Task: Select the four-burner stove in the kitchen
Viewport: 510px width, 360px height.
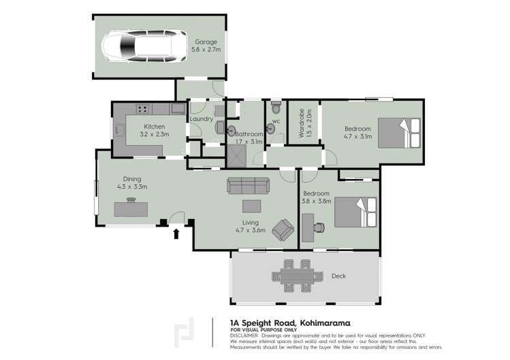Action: [x=144, y=108]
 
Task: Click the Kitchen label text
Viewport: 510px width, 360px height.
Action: [x=155, y=127]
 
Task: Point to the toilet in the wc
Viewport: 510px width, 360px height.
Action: [x=275, y=108]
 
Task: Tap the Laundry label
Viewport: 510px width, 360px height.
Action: [x=202, y=119]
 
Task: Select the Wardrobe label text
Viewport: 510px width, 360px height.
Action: [x=302, y=123]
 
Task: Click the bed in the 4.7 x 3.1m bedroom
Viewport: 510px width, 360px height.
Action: [x=399, y=133]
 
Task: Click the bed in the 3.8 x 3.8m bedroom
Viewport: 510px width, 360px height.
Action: [x=355, y=212]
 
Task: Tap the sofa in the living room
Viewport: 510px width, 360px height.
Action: [x=248, y=185]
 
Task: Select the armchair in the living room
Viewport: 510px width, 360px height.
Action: [x=283, y=230]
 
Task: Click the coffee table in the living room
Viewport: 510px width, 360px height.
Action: [x=251, y=206]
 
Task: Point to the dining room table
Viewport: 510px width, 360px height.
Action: [x=131, y=209]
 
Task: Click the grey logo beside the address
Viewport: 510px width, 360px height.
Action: [x=183, y=333]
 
